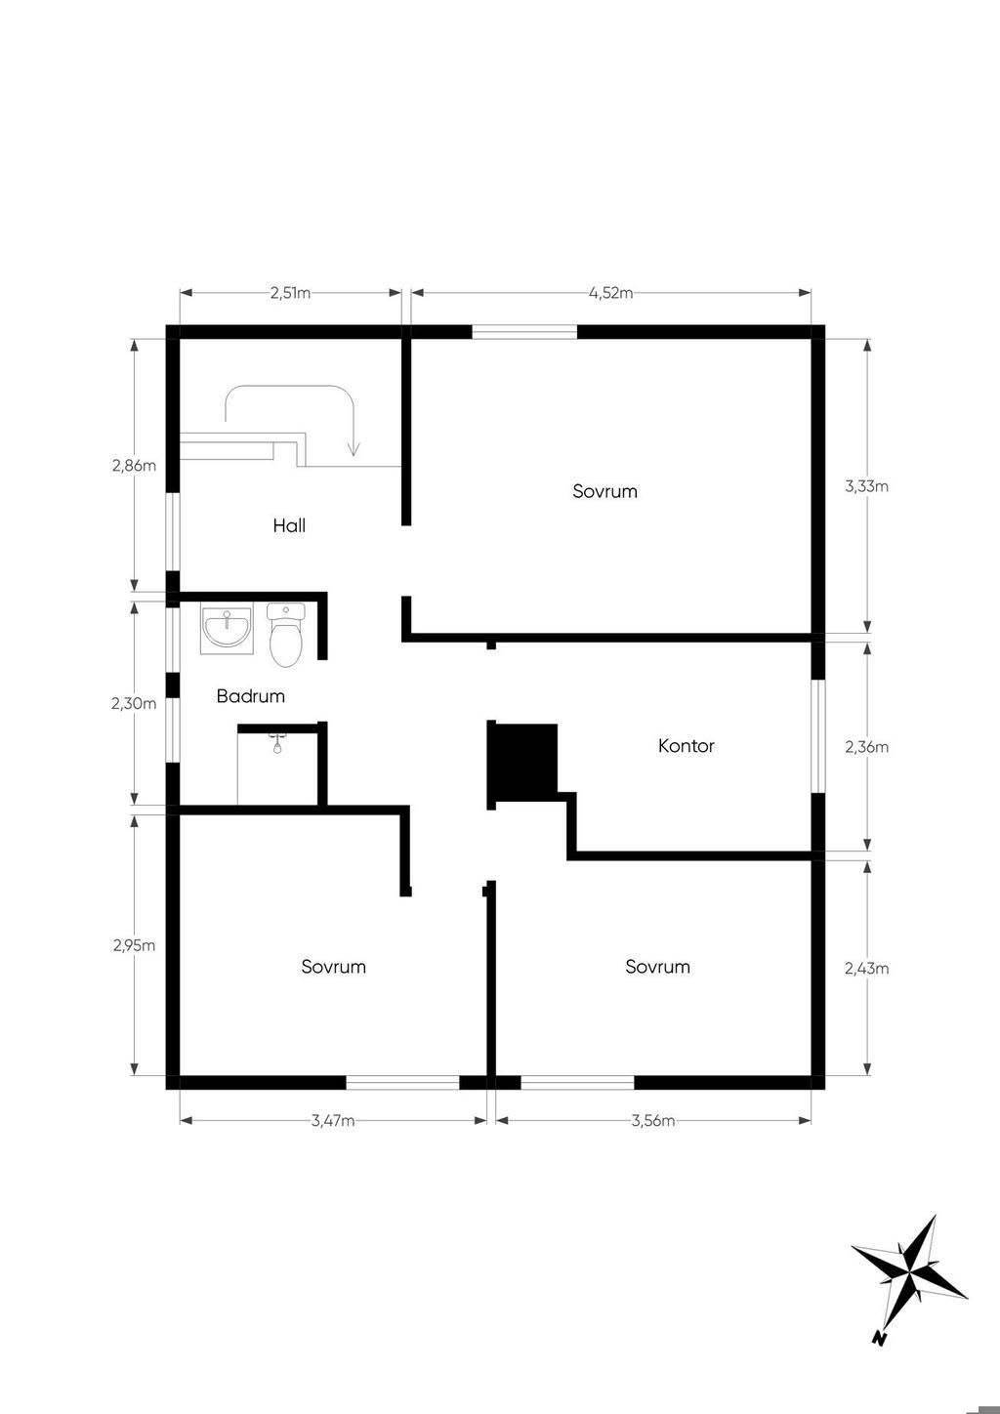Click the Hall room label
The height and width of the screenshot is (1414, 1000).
(x=289, y=525)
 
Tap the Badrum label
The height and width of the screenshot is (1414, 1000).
(x=251, y=695)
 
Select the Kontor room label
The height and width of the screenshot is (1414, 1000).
(x=687, y=745)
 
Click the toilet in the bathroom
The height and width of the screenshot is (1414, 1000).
(x=286, y=634)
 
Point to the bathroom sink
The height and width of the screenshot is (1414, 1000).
(x=227, y=628)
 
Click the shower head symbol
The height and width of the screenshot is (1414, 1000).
(x=276, y=744)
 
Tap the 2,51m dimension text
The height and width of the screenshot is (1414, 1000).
(x=290, y=293)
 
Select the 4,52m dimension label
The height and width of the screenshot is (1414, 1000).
(x=610, y=293)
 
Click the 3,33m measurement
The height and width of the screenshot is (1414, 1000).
(x=867, y=486)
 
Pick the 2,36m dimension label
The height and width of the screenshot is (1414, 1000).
(x=867, y=747)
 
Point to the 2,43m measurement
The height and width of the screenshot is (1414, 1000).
(x=867, y=968)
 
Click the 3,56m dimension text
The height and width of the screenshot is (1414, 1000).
(x=653, y=1120)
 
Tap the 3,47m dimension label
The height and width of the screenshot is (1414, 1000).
(x=333, y=1120)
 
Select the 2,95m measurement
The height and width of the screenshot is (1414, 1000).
(x=134, y=945)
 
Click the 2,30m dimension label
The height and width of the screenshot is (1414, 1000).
(x=134, y=702)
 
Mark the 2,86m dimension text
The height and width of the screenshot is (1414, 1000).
(x=134, y=465)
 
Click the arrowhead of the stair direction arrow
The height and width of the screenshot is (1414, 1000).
(x=354, y=449)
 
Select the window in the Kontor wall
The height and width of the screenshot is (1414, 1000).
(x=818, y=736)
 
